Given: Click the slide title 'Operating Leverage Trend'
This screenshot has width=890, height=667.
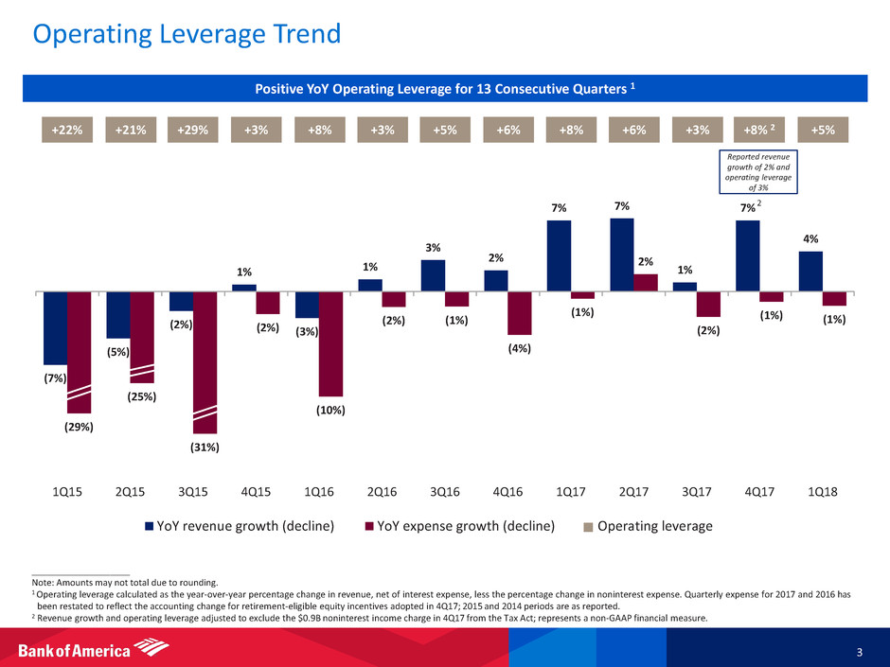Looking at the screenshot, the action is tap(187, 34).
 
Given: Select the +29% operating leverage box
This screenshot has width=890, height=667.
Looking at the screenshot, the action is tap(193, 130).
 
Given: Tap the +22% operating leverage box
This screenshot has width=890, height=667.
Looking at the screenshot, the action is tap(67, 130).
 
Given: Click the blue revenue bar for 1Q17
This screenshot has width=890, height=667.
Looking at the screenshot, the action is tap(559, 255).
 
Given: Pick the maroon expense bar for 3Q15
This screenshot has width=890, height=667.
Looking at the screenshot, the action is tap(205, 363).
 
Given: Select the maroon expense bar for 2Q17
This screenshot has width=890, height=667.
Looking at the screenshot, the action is tap(646, 283).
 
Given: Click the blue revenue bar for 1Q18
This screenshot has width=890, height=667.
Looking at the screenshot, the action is tap(810, 272).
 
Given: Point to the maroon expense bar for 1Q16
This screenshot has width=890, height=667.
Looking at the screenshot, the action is tap(331, 344).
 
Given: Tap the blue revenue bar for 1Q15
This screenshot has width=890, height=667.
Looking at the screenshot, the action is tap(55, 328).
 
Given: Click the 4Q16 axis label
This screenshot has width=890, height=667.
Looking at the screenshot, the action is tap(507, 492).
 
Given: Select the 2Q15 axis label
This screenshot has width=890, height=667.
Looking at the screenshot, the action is tap(130, 492).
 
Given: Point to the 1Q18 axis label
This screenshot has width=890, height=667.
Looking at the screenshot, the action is tap(823, 492).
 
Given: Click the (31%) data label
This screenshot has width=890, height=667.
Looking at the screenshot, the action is tap(205, 448).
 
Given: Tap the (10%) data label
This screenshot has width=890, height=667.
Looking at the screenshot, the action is tap(331, 410).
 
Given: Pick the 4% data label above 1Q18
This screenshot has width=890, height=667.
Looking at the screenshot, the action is tap(810, 239).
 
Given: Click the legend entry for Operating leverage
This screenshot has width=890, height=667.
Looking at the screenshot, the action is tap(649, 526).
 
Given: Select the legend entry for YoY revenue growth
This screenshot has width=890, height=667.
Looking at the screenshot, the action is tap(240, 526).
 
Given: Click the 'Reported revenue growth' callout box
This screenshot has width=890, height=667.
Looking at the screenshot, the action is tap(758, 171).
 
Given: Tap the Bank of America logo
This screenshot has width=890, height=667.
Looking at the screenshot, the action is tap(94, 648).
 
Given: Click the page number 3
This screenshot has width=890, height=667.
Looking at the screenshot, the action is tap(860, 652).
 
